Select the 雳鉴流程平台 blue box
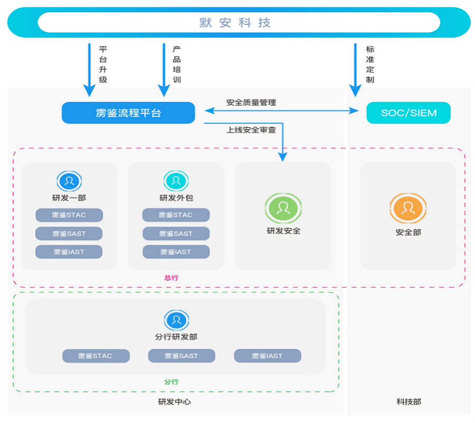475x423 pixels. coord(128,113)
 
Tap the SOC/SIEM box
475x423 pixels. coord(408,113)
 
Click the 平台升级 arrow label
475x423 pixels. coord(103,64)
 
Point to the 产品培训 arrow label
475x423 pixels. coord(177,64)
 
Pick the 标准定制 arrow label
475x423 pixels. coord(370,64)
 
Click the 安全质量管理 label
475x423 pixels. coord(251,103)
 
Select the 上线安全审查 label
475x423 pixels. coord(251,130)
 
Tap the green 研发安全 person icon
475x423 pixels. coord(283,208)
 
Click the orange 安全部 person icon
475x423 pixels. coord(408,208)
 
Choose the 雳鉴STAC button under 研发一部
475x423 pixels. coord(69,215)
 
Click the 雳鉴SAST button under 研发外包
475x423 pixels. coord(176,234)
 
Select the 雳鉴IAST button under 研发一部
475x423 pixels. coord(69,252)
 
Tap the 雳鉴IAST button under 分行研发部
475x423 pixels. coord(267,356)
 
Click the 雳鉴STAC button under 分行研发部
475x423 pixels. coord(96,356)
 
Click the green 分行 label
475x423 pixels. coord(171,382)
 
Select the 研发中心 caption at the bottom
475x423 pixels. coord(175,402)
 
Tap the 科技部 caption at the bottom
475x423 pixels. coord(408,402)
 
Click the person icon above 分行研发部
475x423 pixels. coord(176,320)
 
